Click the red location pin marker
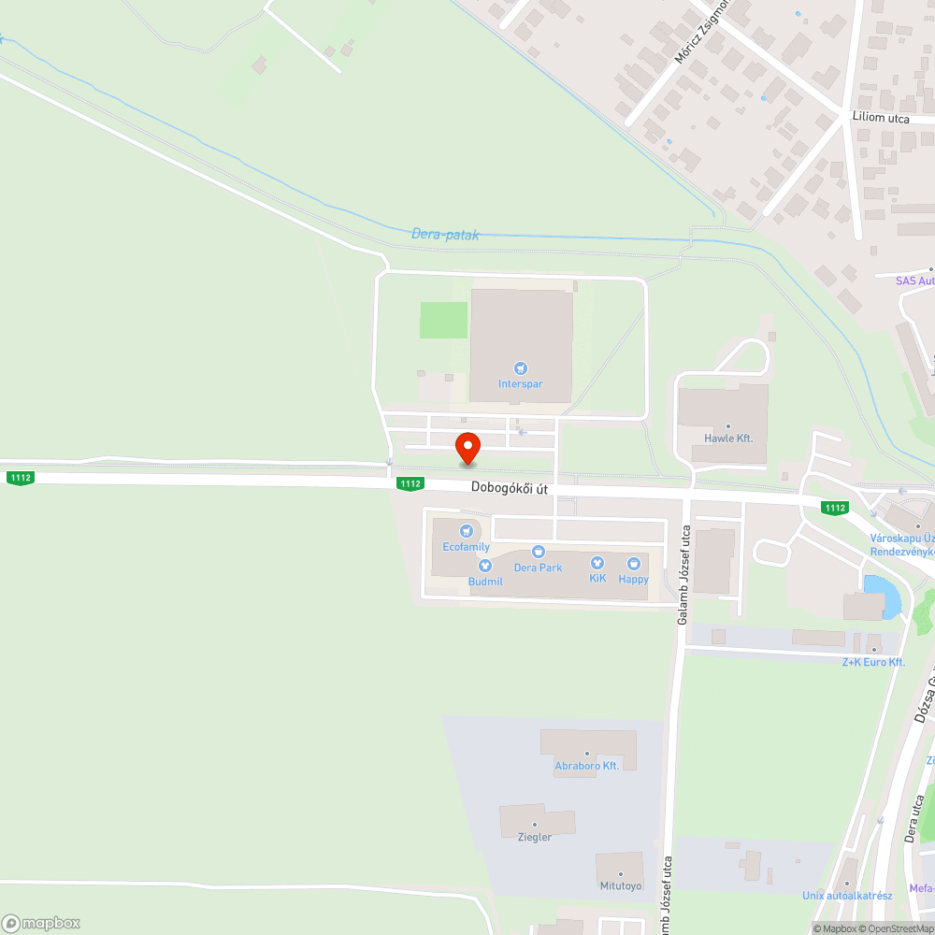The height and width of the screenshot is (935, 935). pos(467,448)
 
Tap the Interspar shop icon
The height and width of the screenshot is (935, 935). pos(521,368)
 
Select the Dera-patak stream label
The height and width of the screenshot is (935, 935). pos(445,235)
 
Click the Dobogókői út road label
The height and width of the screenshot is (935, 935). pos(509,487)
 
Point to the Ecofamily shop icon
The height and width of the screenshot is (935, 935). pos(466,531)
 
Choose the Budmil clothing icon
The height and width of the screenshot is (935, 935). pos(485,566)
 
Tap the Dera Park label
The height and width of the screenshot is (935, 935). pos(538,568)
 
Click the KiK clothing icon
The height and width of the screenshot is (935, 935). pos(597,563)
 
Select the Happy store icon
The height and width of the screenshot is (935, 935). pos(633,564)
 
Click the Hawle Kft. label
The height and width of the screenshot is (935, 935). pos(728,438)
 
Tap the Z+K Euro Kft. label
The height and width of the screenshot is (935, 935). pos(873,662)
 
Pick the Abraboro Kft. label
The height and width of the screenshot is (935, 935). pos(587,766)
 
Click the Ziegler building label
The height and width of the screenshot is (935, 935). pos(535,837)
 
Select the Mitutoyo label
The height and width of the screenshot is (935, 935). pos(621,885)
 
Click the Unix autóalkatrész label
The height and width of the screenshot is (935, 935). pos(847,896)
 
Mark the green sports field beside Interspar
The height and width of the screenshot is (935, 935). pos(443,320)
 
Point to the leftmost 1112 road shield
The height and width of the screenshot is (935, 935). pos(21,478)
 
